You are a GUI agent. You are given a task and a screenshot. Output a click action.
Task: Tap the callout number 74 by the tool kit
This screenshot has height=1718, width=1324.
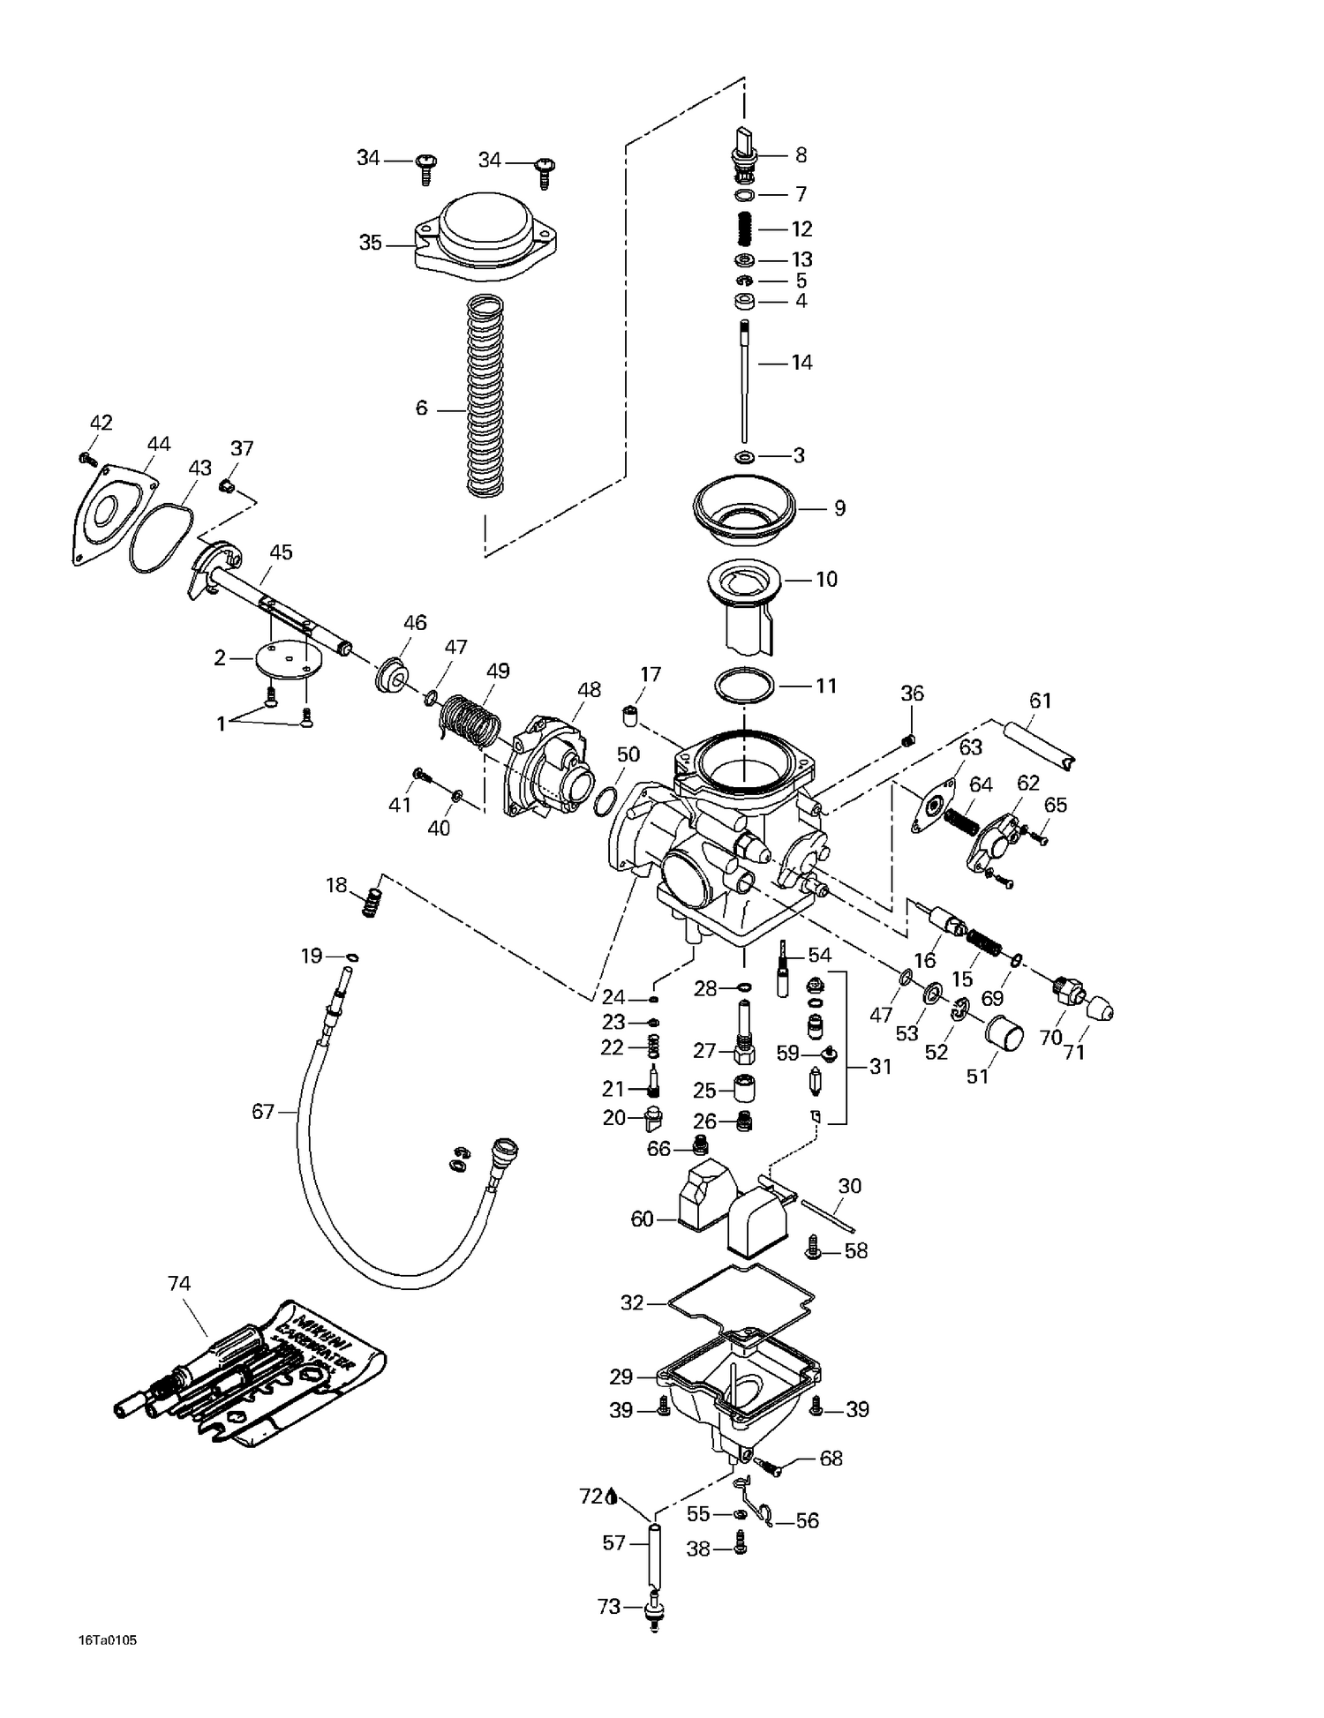(179, 1283)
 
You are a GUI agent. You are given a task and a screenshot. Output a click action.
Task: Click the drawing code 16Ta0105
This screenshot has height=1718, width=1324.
(108, 1640)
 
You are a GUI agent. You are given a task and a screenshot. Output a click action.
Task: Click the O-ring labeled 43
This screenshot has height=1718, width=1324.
(160, 539)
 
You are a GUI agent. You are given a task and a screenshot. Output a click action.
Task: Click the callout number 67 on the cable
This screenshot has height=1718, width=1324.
(263, 1111)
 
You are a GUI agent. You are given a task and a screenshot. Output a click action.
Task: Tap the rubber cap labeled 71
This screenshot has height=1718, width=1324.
(1099, 1009)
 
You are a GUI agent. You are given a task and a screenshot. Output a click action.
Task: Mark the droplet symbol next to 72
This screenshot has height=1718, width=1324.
(612, 1497)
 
